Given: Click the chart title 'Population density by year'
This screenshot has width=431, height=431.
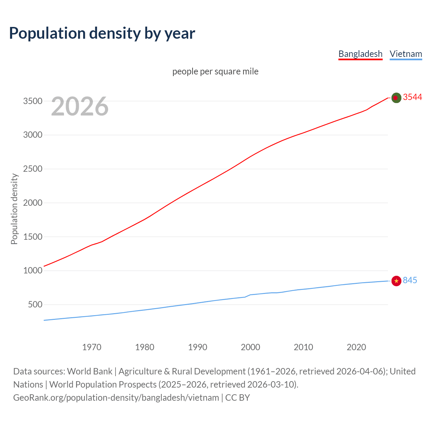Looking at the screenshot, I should pyautogui.click(x=102, y=33).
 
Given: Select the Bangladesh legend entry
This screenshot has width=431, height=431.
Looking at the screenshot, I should pyautogui.click(x=360, y=54).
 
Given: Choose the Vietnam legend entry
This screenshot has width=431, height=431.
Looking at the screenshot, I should pyautogui.click(x=406, y=54).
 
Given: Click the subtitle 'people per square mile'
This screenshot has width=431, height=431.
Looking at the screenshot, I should pyautogui.click(x=215, y=71).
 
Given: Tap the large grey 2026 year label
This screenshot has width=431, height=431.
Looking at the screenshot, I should pyautogui.click(x=80, y=106).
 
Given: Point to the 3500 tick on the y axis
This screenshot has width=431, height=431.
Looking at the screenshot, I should pyautogui.click(x=33, y=101).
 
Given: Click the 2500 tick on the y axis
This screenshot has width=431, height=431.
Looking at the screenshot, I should pyautogui.click(x=33, y=169).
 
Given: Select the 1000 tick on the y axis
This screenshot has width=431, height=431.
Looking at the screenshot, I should pyautogui.click(x=33, y=270).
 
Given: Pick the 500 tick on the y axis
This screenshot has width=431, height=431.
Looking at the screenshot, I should pyautogui.click(x=35, y=304).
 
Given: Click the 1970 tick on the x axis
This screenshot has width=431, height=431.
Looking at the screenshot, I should pyautogui.click(x=92, y=347).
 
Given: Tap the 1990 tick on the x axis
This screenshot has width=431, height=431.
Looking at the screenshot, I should pyautogui.click(x=198, y=347).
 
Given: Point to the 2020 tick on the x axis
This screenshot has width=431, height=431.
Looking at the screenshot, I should pyautogui.click(x=356, y=347).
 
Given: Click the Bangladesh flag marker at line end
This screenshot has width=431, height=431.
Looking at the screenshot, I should pyautogui.click(x=396, y=98).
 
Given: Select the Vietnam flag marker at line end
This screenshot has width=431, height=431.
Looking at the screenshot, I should pyautogui.click(x=396, y=281).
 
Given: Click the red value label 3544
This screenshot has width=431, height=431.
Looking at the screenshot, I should pyautogui.click(x=412, y=97).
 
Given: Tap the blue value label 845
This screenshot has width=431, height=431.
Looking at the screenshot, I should pyautogui.click(x=410, y=280).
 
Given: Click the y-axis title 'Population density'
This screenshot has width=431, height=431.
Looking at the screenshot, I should pyautogui.click(x=14, y=209).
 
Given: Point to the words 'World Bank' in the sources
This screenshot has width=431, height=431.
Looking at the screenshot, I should pyautogui.click(x=90, y=371).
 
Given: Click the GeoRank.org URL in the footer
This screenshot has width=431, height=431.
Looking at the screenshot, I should pyautogui.click(x=116, y=397).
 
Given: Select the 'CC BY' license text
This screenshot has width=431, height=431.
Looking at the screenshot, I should pyautogui.click(x=237, y=397).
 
